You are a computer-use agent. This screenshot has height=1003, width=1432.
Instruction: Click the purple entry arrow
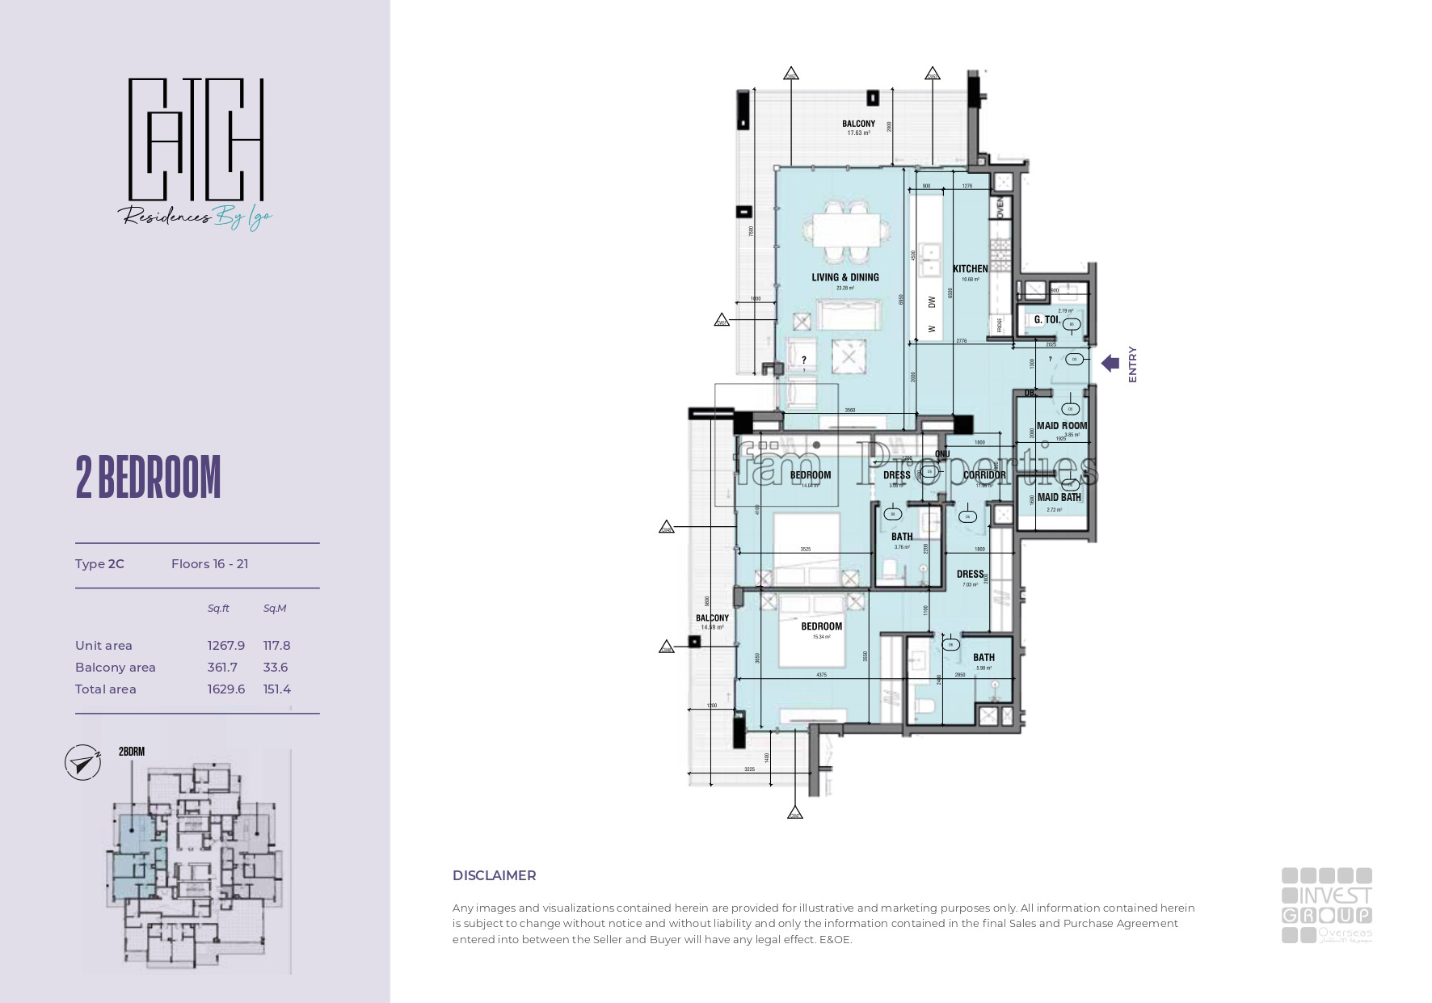click(x=1110, y=364)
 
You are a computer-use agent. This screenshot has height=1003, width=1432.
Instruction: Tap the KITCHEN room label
click(x=970, y=269)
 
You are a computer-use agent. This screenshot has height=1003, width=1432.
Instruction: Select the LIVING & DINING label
click(x=844, y=277)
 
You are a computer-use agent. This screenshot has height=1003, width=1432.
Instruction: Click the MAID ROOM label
click(x=1062, y=426)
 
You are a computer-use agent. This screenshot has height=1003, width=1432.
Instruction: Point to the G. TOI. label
click(x=1047, y=320)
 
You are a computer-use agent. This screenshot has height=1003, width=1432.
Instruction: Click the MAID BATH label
click(x=1059, y=498)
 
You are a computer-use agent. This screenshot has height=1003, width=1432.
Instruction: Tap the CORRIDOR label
click(x=983, y=475)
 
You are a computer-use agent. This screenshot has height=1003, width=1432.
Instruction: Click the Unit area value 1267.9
click(x=225, y=646)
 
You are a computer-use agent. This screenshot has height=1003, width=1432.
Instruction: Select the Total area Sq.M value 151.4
click(x=276, y=689)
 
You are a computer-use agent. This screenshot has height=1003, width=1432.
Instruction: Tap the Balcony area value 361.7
click(x=222, y=668)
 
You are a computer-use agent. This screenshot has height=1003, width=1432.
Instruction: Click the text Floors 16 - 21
click(x=209, y=564)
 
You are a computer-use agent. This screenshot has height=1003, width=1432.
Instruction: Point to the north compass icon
click(x=82, y=763)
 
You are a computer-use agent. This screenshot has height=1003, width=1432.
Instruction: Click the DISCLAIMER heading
click(x=494, y=875)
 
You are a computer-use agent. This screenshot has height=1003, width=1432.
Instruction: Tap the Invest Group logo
click(x=1326, y=905)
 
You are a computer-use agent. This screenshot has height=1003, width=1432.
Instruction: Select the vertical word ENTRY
click(x=1132, y=365)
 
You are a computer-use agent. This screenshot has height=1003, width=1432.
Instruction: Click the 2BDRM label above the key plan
click(x=131, y=752)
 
